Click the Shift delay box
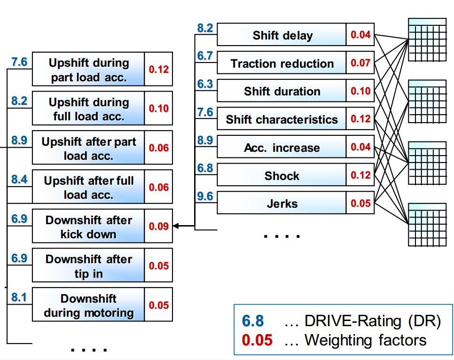point(282,35)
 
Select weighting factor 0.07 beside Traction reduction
point(360,63)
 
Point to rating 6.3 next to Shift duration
point(205,84)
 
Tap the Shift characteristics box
point(282,119)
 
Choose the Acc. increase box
point(282,148)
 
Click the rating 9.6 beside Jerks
point(205,196)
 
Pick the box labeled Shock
point(282,176)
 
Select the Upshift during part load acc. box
point(88,70)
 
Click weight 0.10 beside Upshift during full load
point(158,109)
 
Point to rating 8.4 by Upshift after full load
point(19,179)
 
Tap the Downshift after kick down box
point(88,227)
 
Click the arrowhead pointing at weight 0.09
point(176,226)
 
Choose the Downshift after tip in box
point(88,266)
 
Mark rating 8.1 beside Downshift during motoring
point(19,297)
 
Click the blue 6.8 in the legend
point(253,321)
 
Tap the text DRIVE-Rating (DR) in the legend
point(373,321)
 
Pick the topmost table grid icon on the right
point(427,40)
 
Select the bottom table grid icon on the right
point(427,224)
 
